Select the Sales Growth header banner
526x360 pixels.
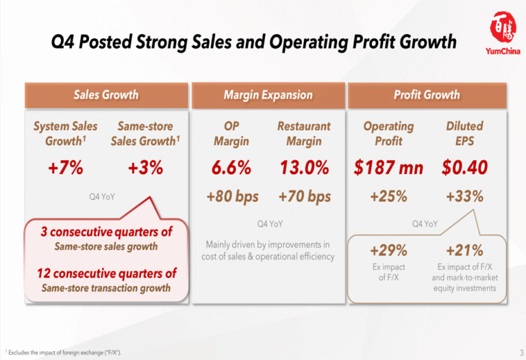(x=106, y=95)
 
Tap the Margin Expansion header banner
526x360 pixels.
(x=268, y=95)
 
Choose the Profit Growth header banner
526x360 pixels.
(x=427, y=95)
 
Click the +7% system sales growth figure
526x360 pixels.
(x=66, y=168)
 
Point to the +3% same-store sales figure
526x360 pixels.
(x=145, y=168)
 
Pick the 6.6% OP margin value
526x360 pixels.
(x=231, y=168)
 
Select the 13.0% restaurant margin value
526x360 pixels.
(x=304, y=168)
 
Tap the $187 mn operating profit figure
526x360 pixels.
(x=388, y=168)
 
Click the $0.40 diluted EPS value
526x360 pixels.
(x=464, y=168)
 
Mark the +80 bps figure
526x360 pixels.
(x=232, y=197)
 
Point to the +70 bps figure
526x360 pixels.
(x=305, y=197)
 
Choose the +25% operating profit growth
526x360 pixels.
(x=388, y=197)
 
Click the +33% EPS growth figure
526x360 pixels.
(x=464, y=197)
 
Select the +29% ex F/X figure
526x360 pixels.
(x=388, y=250)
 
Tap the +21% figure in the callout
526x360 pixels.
(x=464, y=250)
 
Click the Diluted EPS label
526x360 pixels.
(x=464, y=133)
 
